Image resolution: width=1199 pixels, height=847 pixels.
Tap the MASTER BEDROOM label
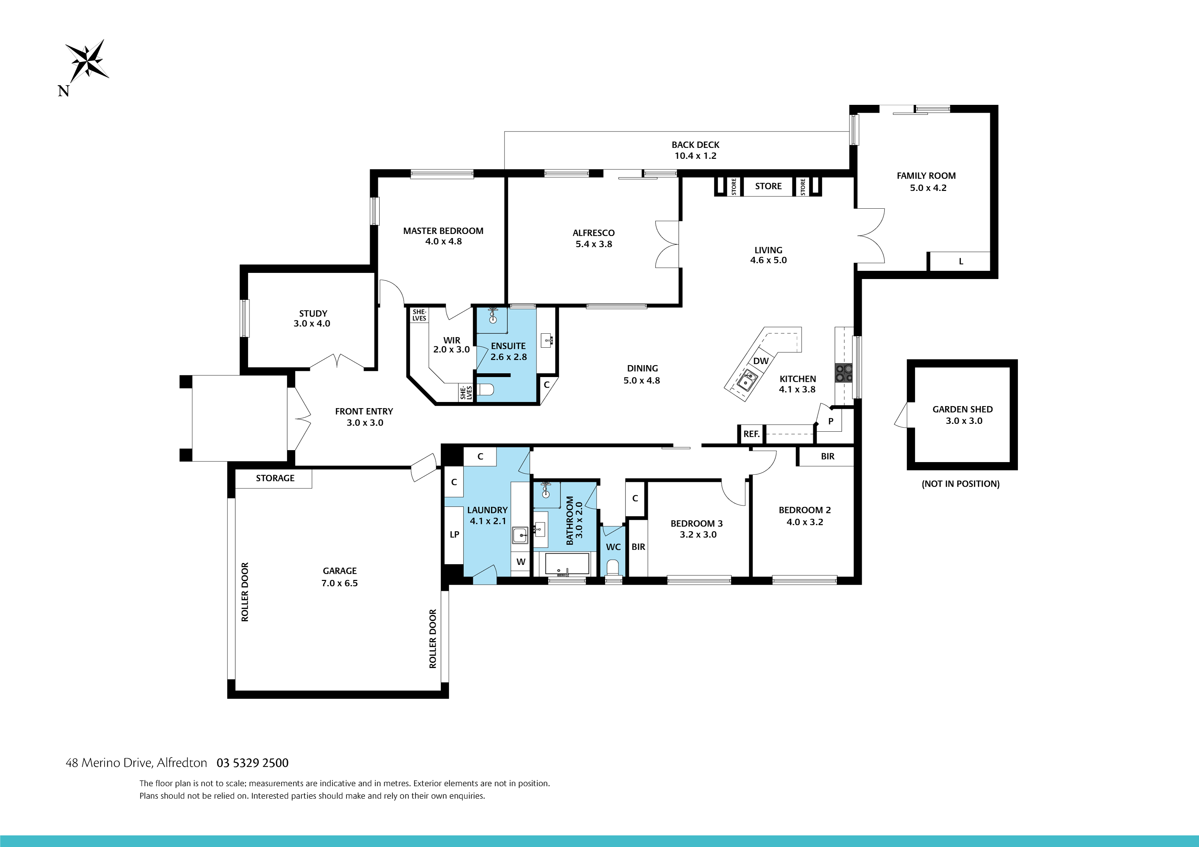[x=443, y=231]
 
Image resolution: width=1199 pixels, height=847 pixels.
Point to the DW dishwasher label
[x=761, y=361]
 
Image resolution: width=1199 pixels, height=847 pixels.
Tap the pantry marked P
[x=830, y=421]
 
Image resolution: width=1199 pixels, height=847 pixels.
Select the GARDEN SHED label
[x=962, y=409]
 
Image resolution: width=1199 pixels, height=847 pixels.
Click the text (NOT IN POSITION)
[x=960, y=484]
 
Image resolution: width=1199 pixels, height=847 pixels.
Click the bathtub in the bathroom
[x=567, y=564]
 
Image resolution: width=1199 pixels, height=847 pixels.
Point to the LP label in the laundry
[x=454, y=534]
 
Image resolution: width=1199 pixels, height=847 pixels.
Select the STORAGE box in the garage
[x=275, y=478]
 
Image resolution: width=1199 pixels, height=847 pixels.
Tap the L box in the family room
[x=960, y=262]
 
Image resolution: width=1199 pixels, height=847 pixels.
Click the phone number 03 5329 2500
[x=252, y=763]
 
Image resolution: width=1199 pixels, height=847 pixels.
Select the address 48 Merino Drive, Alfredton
[x=136, y=763]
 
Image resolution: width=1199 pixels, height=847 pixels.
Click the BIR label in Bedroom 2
[x=827, y=457]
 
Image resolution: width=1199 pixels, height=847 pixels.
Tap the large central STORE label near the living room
[x=768, y=186]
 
